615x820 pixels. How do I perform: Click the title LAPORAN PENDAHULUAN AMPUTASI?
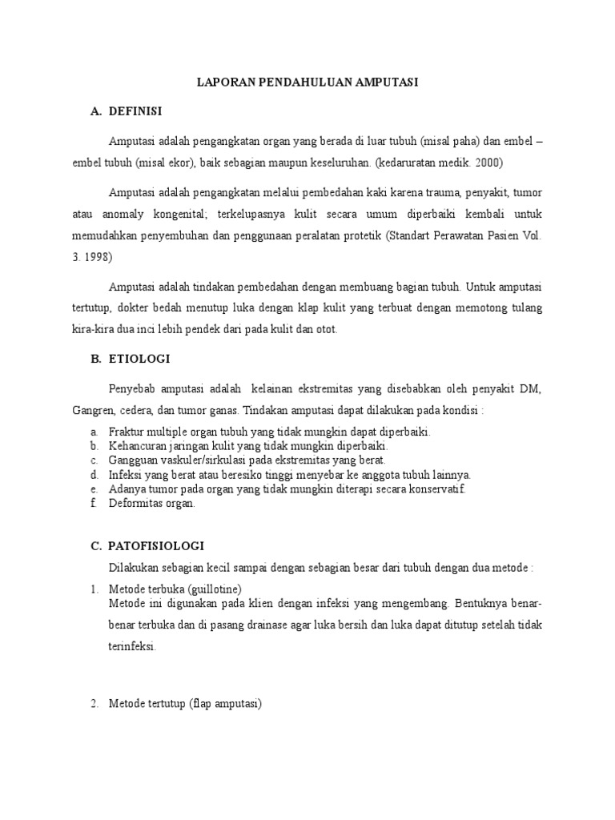[308, 82]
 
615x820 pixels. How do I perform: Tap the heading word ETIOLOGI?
[138, 359]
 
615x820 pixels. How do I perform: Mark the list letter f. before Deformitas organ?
[94, 504]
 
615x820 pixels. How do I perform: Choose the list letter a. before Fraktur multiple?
[94, 432]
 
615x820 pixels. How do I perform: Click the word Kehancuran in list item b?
[139, 446]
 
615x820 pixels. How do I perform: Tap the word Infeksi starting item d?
[127, 475]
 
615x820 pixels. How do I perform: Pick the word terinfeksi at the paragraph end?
[131, 648]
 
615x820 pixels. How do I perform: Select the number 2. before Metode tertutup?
[94, 704]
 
